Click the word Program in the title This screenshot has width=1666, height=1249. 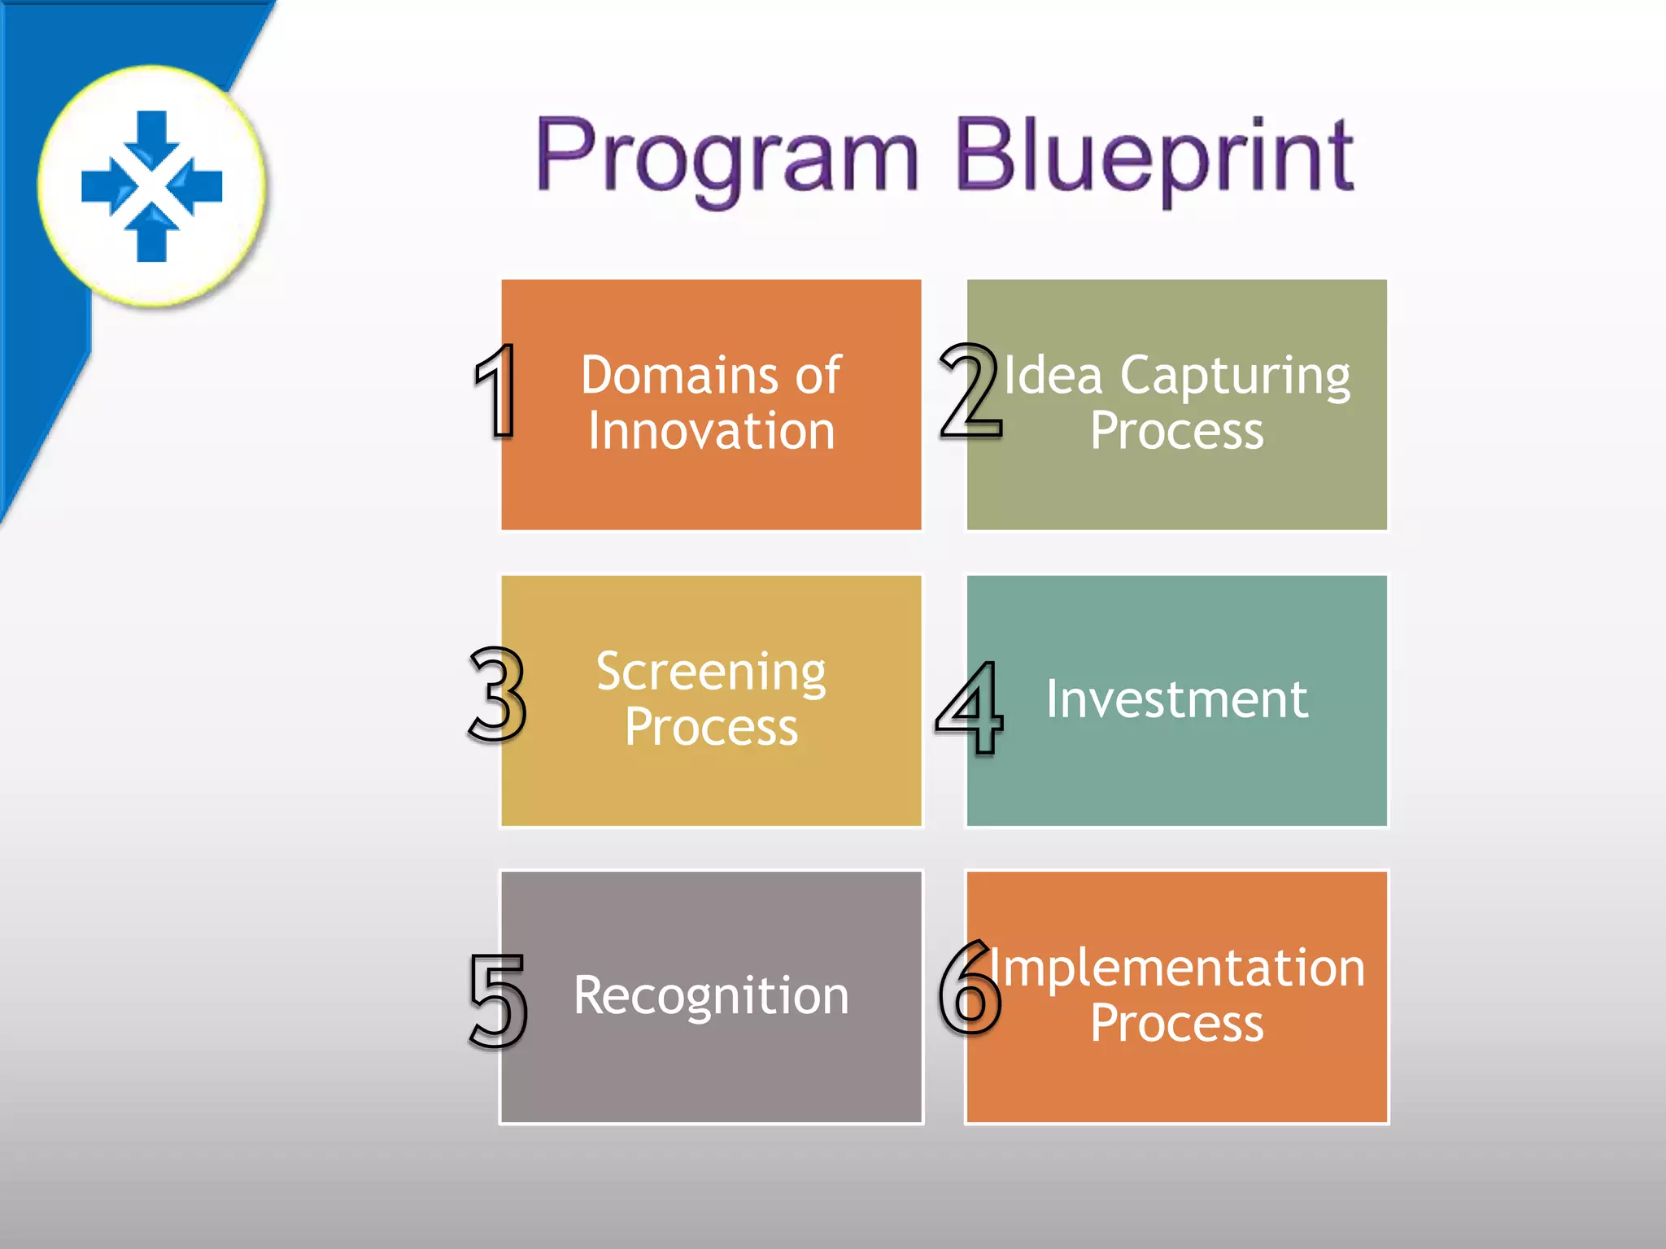click(726, 156)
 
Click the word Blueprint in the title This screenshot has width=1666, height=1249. click(1154, 156)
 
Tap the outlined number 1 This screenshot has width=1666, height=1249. click(497, 390)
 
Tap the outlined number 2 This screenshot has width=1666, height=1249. click(969, 390)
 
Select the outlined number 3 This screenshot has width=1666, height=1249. click(497, 694)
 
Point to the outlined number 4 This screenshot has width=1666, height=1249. click(970, 706)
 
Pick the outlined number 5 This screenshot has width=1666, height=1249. click(497, 999)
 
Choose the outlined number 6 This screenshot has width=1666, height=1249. click(970, 987)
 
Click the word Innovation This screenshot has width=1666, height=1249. click(711, 431)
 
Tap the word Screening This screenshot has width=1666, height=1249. click(711, 673)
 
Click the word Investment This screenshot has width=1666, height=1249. click(1176, 698)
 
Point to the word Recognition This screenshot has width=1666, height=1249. click(711, 995)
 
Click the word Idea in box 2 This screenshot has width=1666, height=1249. click(1053, 376)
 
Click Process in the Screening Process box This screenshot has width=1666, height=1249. click(711, 726)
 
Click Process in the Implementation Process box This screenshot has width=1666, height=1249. click(1176, 1023)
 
